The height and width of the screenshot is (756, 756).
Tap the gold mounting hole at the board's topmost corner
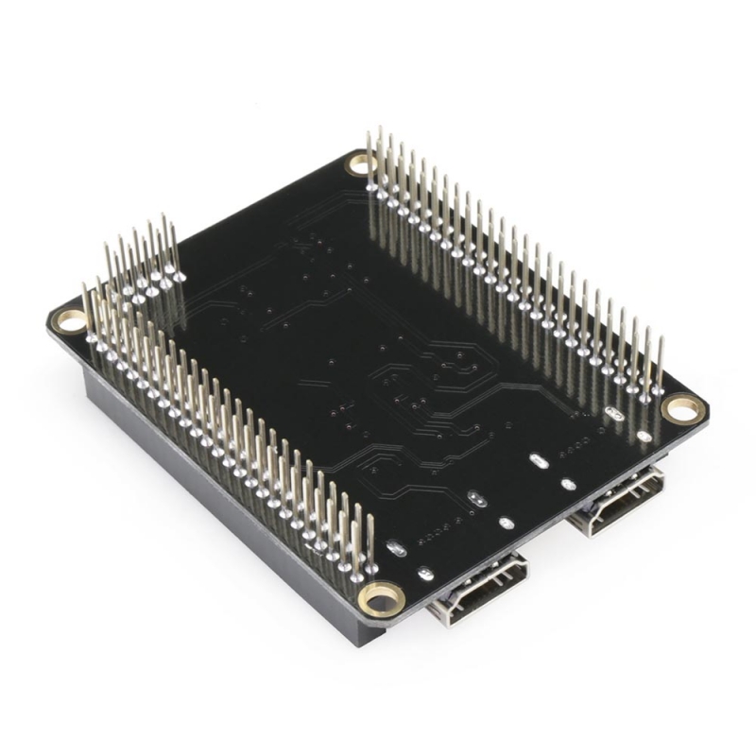(361, 163)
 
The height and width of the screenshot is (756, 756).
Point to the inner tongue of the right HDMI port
(619, 501)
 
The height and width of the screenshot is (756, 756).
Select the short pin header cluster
(142, 265)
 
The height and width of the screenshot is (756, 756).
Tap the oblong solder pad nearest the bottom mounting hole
(397, 548)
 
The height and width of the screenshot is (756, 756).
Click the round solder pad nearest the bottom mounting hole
(424, 573)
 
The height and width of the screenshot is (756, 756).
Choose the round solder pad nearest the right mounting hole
(644, 437)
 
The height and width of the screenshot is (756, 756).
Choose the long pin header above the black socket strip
(227, 425)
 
